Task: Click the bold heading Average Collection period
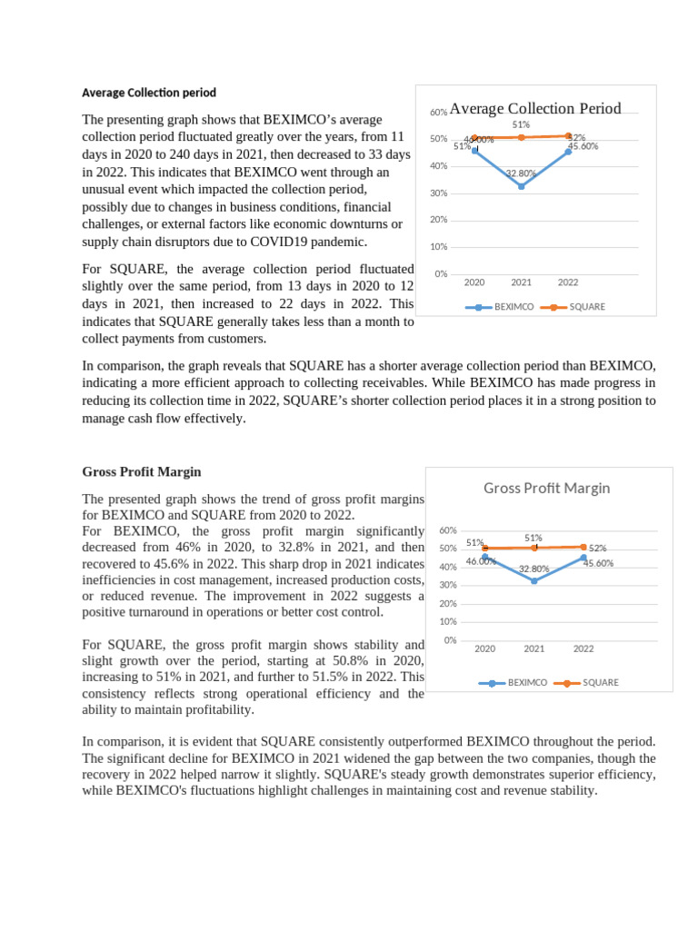tap(149, 93)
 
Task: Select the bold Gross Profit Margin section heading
tap(142, 472)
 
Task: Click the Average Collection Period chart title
tap(534, 109)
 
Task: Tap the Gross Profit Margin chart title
tap(546, 488)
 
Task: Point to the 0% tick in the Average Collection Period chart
tap(440, 273)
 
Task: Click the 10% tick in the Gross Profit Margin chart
tap(447, 622)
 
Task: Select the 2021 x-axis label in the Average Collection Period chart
tap(521, 282)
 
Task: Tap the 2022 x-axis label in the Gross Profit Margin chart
tap(583, 648)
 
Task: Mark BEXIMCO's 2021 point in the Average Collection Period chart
tap(521, 186)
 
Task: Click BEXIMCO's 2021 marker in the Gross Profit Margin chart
tap(534, 580)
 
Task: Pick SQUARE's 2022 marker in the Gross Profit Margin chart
tap(583, 547)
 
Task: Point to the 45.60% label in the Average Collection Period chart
tap(583, 146)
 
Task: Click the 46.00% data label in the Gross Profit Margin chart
tap(481, 561)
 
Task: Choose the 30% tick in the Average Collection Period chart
tap(438, 193)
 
